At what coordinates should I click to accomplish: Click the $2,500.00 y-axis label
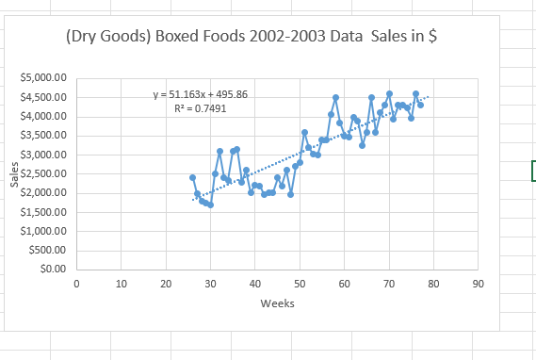point(42,174)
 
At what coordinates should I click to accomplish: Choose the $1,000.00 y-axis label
point(42,232)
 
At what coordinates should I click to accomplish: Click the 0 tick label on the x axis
point(76,283)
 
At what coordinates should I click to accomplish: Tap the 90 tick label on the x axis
point(478,283)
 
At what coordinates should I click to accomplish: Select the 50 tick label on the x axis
point(300,283)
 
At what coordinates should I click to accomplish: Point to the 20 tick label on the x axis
point(166,283)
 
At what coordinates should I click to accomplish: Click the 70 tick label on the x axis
point(388,283)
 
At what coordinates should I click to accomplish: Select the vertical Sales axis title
point(14,174)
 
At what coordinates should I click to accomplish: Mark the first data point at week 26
point(192,177)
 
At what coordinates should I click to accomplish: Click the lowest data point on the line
point(210,205)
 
